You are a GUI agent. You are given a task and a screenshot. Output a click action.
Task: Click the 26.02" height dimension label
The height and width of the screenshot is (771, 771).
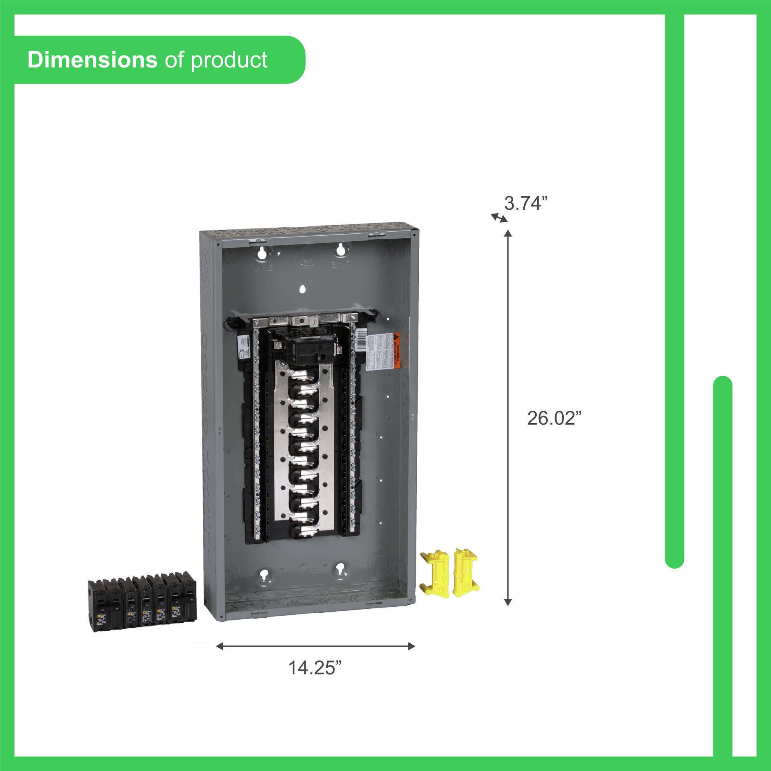coord(554,418)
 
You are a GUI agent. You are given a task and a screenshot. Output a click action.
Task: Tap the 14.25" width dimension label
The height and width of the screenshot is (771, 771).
coord(315,668)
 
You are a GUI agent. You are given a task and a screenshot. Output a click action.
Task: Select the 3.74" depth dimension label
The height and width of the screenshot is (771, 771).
coord(526,204)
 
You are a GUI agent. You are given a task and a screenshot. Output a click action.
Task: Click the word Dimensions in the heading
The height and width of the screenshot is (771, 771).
coord(92,60)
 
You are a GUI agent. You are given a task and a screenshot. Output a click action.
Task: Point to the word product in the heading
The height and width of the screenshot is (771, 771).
coord(229,61)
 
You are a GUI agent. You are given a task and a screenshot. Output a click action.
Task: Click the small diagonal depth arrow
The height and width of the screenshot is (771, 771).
coord(499,218)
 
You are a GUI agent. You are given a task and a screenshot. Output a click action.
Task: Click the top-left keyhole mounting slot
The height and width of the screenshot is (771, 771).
coord(262,252)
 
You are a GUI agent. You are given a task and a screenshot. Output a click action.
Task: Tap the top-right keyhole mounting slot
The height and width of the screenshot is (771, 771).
coord(341,249)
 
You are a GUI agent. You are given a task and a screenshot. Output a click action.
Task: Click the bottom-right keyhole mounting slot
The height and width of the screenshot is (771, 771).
coord(342,570)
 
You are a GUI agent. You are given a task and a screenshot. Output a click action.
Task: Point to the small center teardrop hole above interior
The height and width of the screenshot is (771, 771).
coord(303,289)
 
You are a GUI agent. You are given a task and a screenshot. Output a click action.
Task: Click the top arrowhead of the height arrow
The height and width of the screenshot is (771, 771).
coord(508,234)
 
